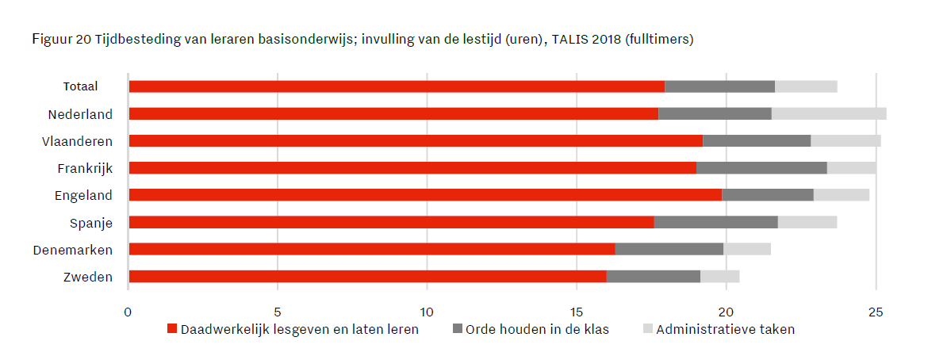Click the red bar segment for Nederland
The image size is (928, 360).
tap(393, 113)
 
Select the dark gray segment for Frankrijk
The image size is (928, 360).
tap(761, 168)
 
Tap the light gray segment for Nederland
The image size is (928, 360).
tap(828, 113)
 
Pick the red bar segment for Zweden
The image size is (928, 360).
tap(367, 277)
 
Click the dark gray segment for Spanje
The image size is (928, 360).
tap(715, 222)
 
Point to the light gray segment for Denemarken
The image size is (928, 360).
tap(746, 249)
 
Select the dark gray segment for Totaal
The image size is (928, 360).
tap(719, 86)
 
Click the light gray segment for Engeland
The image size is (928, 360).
tap(841, 195)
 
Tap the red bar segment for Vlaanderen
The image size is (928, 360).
tap(416, 141)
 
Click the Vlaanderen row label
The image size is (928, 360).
tap(77, 141)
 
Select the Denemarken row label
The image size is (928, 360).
tap(72, 250)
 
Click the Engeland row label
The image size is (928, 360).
tap(83, 196)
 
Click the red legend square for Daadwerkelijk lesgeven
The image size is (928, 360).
tap(172, 329)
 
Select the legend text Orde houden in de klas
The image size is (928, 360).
tap(537, 329)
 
